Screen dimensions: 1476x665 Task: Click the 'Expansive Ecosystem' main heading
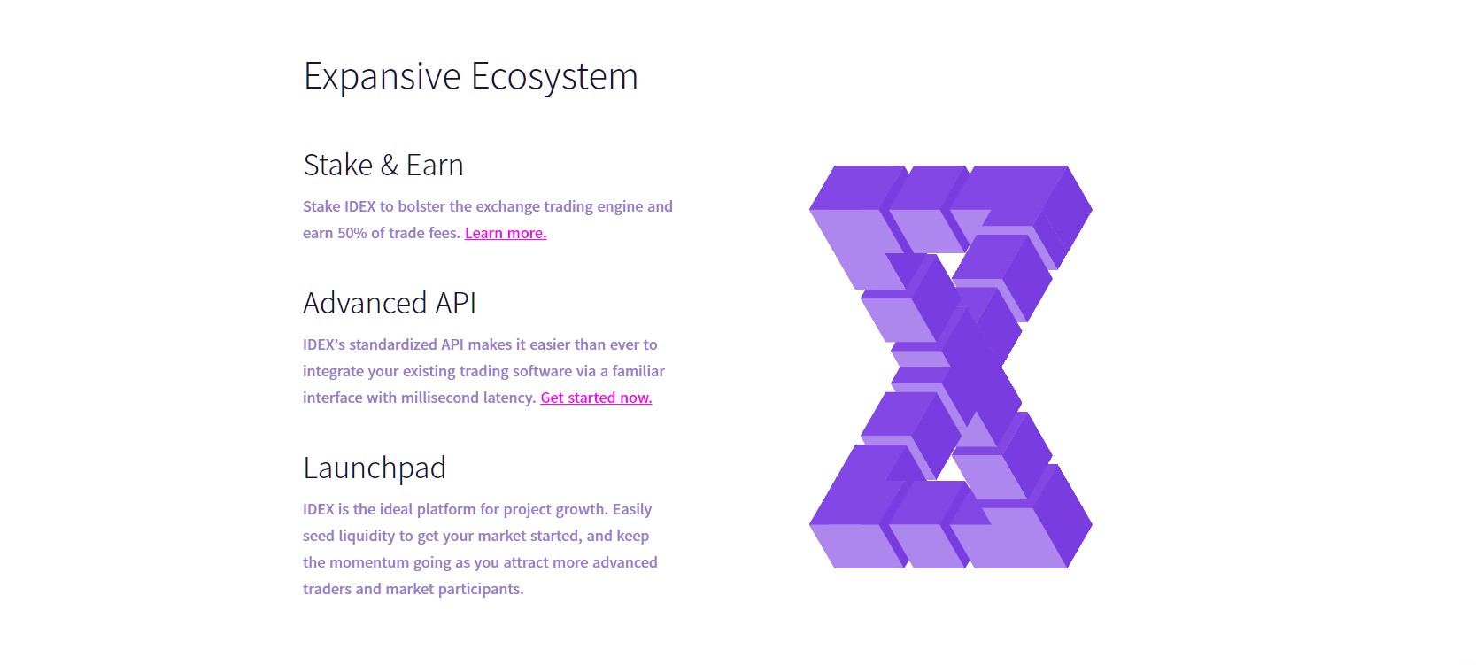pos(470,76)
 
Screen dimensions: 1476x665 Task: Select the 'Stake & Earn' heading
pos(383,165)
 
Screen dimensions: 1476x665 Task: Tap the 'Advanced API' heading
pos(389,303)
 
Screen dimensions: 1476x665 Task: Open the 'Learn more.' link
pos(506,233)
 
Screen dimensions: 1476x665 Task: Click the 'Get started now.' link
pos(596,398)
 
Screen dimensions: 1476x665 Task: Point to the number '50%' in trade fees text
pos(352,233)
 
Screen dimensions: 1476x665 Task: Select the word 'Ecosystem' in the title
pos(554,76)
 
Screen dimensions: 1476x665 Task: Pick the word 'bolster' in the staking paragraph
pos(421,206)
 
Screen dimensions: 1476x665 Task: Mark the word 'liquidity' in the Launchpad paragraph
pos(366,536)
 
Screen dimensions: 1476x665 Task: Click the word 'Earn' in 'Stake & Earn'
pos(435,165)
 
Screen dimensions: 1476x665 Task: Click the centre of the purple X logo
pos(951,367)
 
